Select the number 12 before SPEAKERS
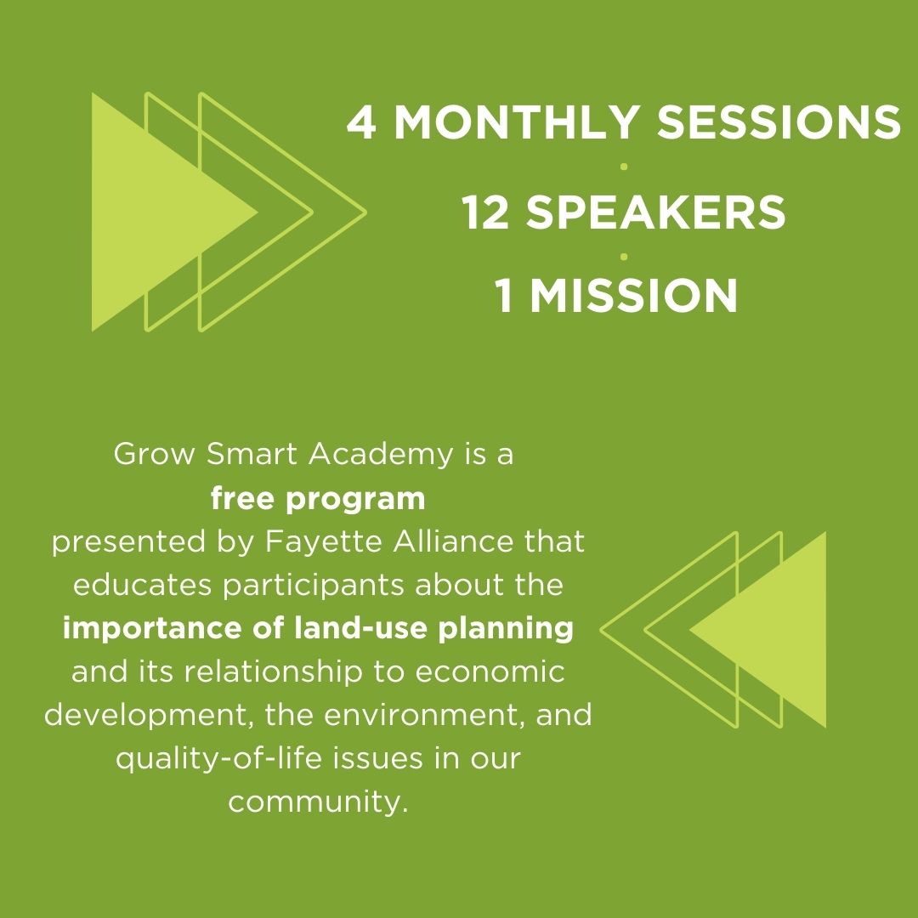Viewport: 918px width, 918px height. click(485, 212)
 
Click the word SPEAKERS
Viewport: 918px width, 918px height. click(655, 212)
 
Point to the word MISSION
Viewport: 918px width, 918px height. click(633, 295)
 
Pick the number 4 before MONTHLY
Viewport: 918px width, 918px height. click(361, 122)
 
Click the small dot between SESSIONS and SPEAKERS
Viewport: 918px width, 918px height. click(624, 167)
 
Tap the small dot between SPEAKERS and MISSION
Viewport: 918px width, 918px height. click(624, 257)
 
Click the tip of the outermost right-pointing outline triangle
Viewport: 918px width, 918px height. click(365, 212)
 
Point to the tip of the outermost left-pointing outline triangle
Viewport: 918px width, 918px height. click(602, 630)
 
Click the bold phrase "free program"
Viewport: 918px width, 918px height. click(318, 499)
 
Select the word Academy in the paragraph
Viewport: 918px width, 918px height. click(381, 455)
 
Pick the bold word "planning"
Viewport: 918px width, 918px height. click(506, 629)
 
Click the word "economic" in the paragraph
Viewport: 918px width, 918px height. click(490, 672)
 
